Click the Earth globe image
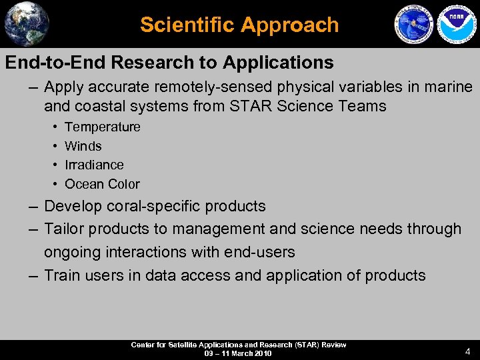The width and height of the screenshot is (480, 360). [x=27, y=23]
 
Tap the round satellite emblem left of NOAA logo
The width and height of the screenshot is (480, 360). [x=414, y=25]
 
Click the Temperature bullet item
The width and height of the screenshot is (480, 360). [x=102, y=127]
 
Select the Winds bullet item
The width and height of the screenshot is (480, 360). [x=83, y=146]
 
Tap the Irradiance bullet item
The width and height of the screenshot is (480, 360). [x=94, y=165]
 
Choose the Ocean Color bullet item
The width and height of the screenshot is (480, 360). [x=102, y=184]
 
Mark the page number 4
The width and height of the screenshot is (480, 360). [x=467, y=351]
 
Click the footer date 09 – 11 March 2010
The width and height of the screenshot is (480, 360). [x=238, y=353]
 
